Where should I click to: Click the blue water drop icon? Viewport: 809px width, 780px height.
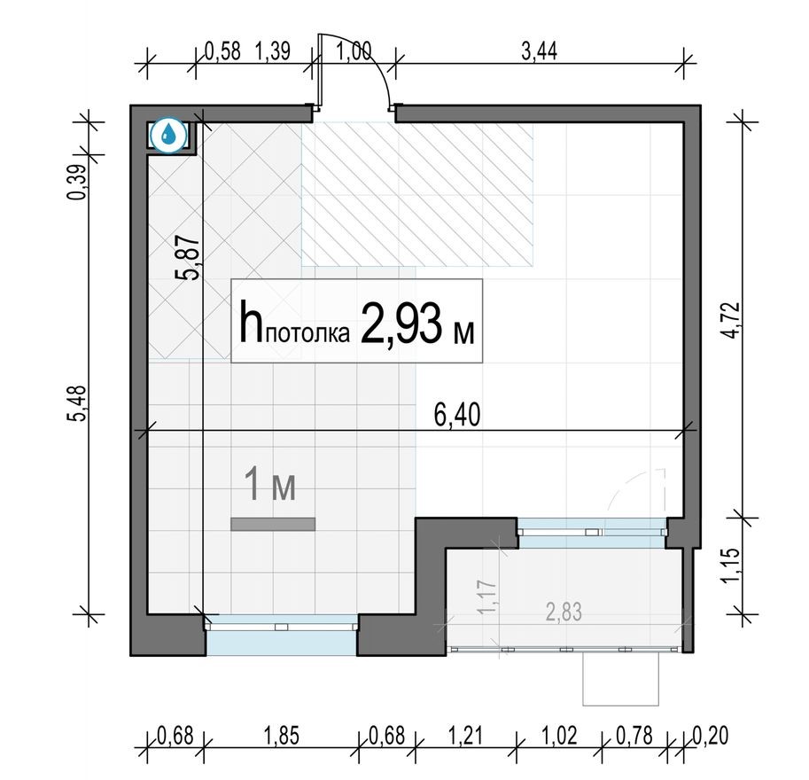coord(168,136)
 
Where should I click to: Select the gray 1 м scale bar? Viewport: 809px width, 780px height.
coord(273,525)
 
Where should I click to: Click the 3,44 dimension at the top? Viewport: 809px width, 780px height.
coord(540,51)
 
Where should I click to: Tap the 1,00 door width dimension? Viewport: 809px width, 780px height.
coord(354,51)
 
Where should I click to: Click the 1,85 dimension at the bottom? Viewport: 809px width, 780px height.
coord(282,735)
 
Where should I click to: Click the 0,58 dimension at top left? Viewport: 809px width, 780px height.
coord(222,51)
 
